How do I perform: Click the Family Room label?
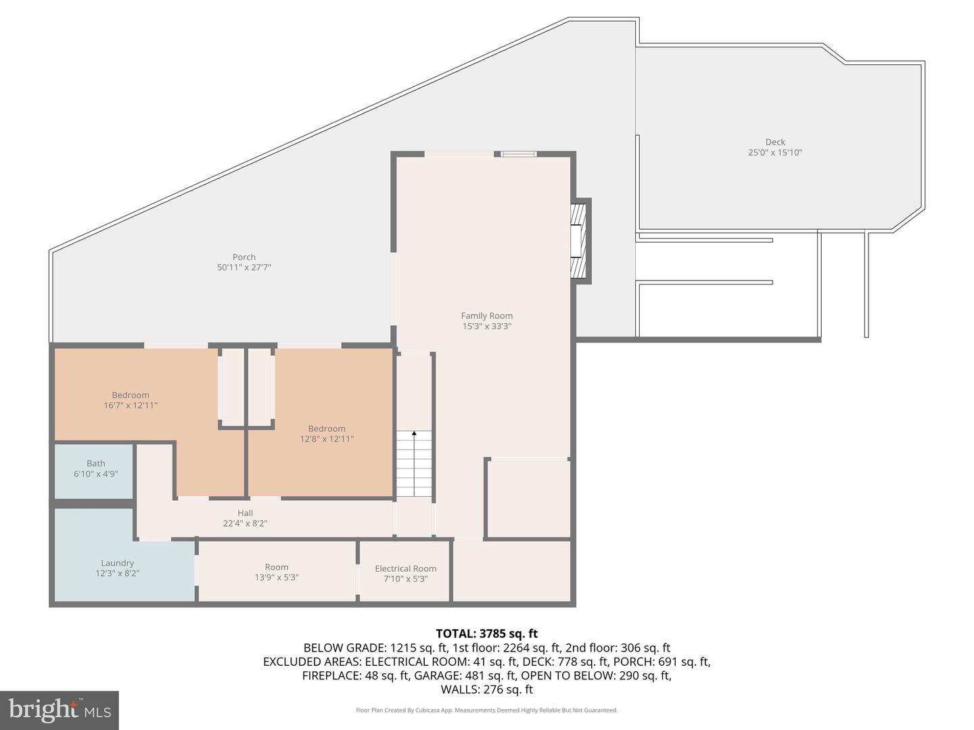[x=486, y=316]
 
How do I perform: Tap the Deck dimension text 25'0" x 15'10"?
[x=774, y=153]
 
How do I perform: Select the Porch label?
[x=243, y=257]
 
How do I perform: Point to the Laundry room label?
[x=117, y=563]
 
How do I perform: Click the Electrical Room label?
[x=405, y=568]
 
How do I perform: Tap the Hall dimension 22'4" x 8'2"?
[x=245, y=523]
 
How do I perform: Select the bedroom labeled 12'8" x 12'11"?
[x=327, y=433]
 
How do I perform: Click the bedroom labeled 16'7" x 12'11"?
[x=131, y=400]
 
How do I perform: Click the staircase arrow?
[x=414, y=435]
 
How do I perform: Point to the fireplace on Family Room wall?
[x=578, y=241]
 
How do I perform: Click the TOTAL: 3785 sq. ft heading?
[x=486, y=633]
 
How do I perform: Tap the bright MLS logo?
[x=60, y=710]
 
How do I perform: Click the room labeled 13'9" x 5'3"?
[x=276, y=573]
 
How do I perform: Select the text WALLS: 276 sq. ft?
[x=486, y=689]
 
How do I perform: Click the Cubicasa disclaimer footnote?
[x=486, y=710]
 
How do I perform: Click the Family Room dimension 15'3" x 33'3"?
[x=486, y=326]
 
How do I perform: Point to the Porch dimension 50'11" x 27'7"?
[x=243, y=268]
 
